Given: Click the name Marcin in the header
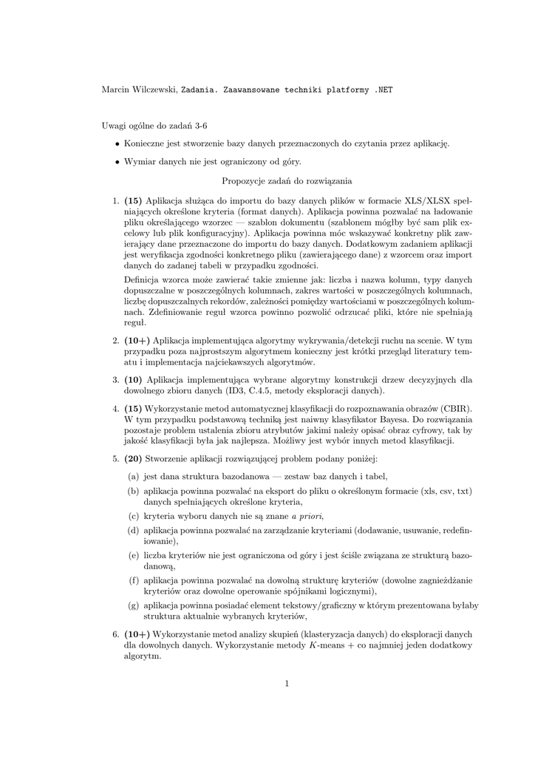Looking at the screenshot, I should (x=114, y=89).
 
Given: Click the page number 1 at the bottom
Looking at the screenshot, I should (x=286, y=682).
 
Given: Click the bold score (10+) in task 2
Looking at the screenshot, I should (x=137, y=341).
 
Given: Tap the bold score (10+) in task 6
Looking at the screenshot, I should (x=137, y=634).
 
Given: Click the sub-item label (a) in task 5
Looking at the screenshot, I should (x=134, y=476).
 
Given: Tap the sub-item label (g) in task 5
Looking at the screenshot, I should (x=134, y=605).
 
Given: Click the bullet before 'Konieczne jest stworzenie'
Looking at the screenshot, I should (x=117, y=143).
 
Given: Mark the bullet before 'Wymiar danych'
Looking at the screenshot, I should (x=117, y=161).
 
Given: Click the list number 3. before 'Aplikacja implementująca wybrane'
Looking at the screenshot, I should (x=116, y=379).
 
